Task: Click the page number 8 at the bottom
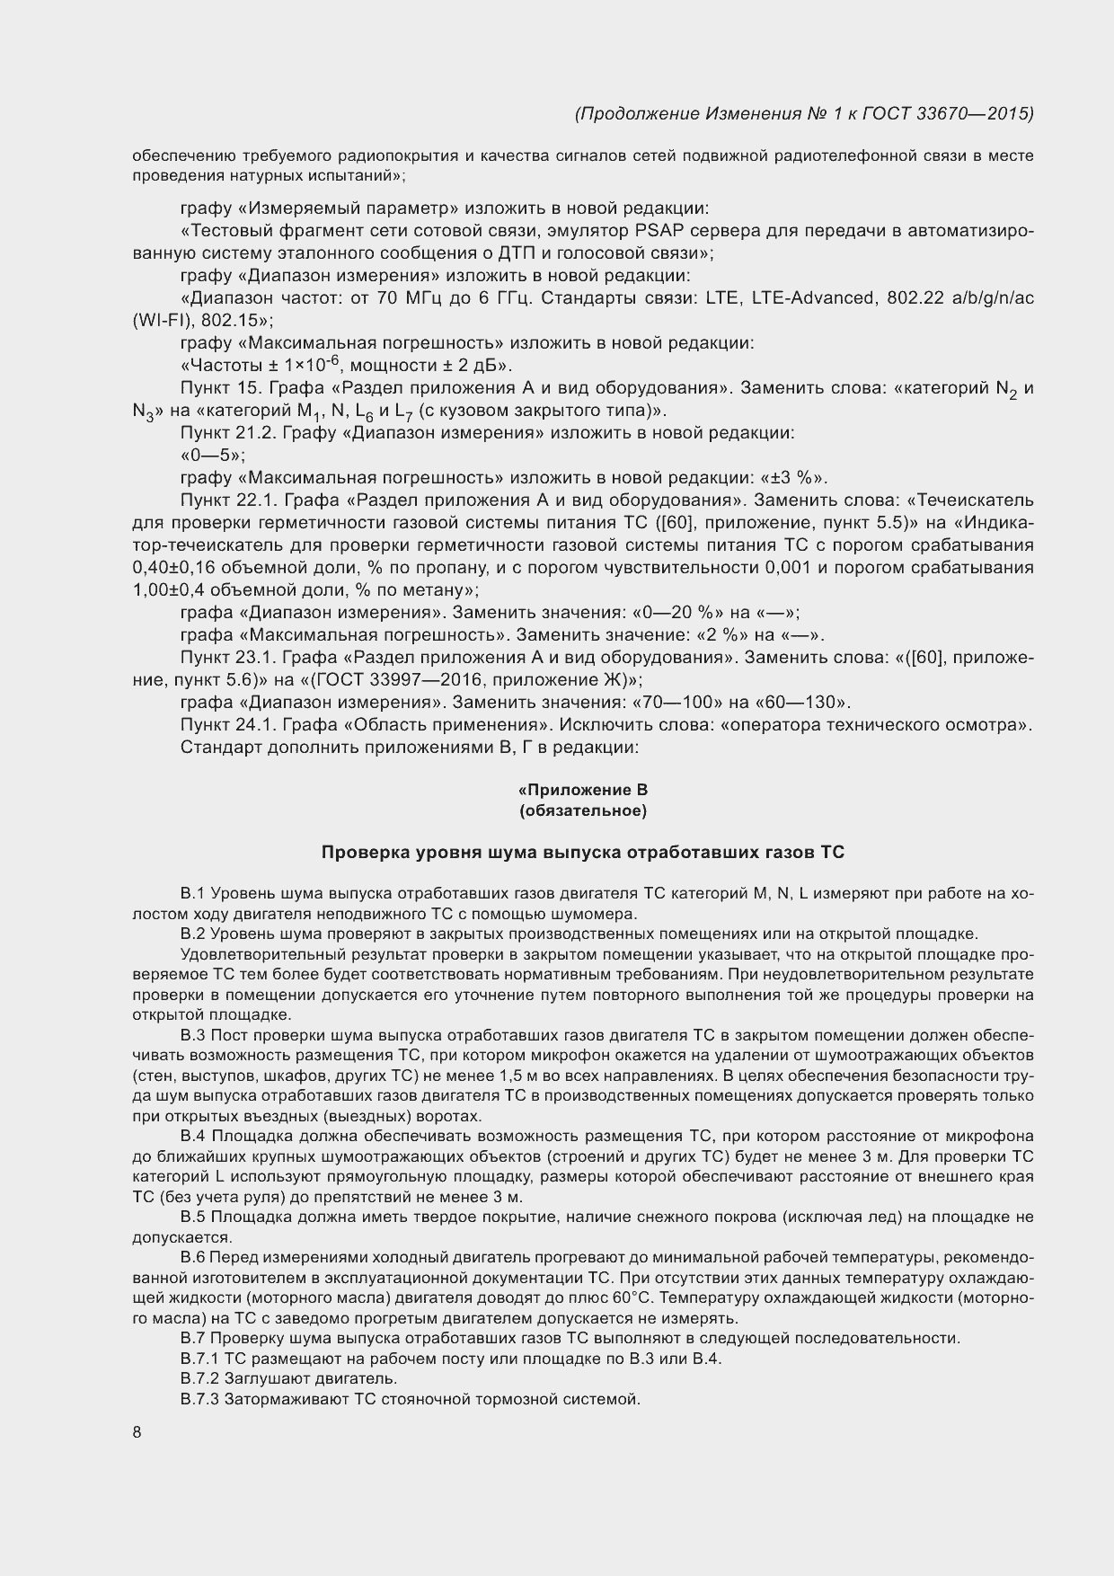click(137, 1432)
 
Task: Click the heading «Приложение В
click(583, 790)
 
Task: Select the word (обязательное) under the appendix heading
click(583, 811)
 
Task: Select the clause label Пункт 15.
click(214, 388)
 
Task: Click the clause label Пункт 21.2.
click(222, 433)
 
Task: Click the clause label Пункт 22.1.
click(222, 500)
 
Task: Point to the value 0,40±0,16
click(178, 568)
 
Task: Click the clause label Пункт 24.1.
click(222, 725)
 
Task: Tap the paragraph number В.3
click(194, 1035)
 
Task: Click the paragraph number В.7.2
click(199, 1378)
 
